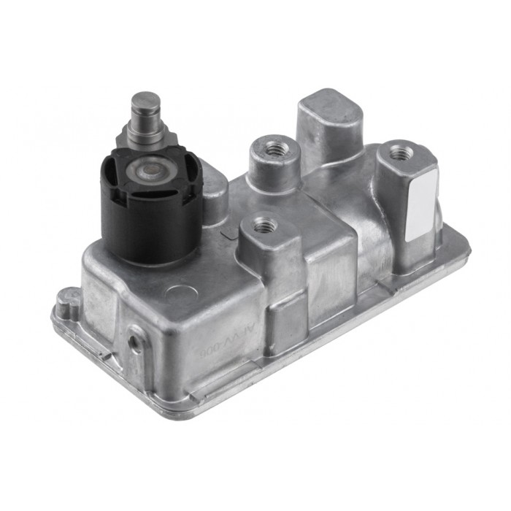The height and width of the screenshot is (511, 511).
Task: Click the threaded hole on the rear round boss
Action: tap(275, 150)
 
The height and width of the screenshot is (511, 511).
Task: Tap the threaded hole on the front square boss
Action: tap(261, 225)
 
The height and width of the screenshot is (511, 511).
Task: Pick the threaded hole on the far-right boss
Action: tap(400, 153)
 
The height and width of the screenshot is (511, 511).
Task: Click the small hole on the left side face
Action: tap(135, 341)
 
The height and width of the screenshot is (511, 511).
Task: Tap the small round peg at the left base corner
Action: tap(69, 301)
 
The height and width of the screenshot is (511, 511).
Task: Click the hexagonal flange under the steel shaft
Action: tap(146, 135)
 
